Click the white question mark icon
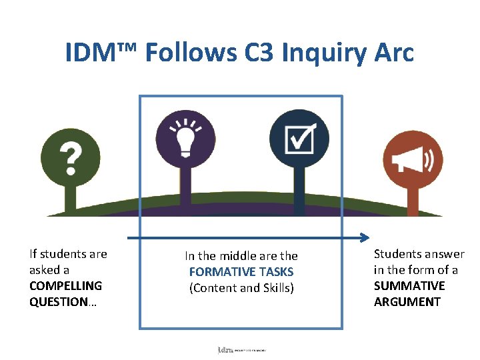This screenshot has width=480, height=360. click(x=71, y=158)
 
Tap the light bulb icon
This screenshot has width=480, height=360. click(x=185, y=139)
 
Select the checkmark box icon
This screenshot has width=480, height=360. click(x=299, y=139)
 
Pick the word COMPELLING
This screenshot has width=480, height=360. click(x=65, y=286)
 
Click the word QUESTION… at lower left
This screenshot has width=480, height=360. click(x=63, y=302)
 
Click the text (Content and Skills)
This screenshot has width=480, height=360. click(x=241, y=288)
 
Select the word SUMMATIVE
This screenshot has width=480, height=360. click(x=409, y=286)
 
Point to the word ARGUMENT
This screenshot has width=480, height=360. click(x=407, y=302)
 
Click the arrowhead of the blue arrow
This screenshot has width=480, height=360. click(x=365, y=237)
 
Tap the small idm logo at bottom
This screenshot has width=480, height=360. click(x=225, y=349)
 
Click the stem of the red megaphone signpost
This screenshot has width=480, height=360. click(x=413, y=200)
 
